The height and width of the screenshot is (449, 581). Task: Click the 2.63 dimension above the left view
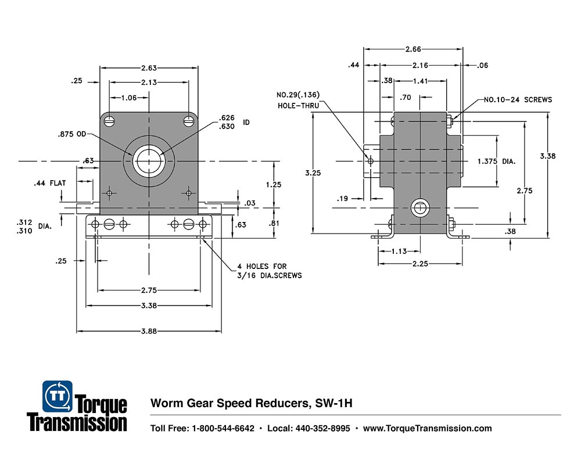coord(149,67)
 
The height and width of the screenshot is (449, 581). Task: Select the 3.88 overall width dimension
coord(149,331)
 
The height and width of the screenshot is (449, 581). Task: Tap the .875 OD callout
coord(72,135)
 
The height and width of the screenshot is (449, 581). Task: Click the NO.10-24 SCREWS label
coord(518,100)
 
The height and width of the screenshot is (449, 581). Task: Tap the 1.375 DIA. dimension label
coord(496,161)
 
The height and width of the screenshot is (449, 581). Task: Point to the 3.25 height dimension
coord(313,173)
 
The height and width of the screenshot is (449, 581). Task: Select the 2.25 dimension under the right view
coord(420,263)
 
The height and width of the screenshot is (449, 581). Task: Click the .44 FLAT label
coord(49,183)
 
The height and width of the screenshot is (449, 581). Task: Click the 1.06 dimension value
coord(129,98)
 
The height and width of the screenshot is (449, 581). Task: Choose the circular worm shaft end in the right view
coord(419,207)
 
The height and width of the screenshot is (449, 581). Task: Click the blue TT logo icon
coord(58,396)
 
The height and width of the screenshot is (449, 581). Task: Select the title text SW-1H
coord(335,403)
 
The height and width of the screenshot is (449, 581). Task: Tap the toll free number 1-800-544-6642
coord(223,429)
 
